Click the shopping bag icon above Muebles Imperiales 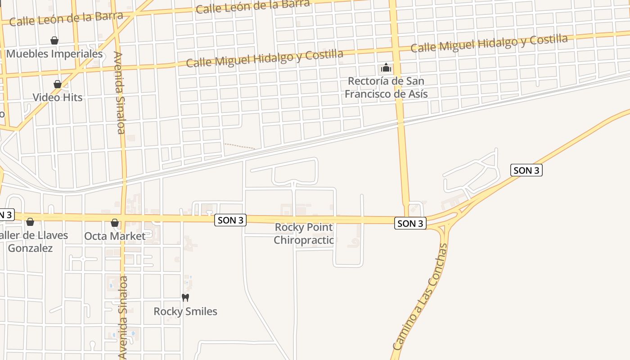click(54, 40)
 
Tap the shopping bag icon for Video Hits click(58, 84)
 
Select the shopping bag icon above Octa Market click(115, 223)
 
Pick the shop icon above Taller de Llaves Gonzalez click(30, 222)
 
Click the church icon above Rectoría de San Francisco click(386, 68)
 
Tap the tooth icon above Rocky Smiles click(185, 297)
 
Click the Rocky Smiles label click(185, 311)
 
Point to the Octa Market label click(115, 236)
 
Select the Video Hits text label click(58, 97)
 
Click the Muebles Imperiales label click(54, 54)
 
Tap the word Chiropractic click(304, 240)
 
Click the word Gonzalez click(30, 248)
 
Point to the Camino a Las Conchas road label click(420, 297)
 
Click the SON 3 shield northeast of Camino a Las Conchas click(526, 170)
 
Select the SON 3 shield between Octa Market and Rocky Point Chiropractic click(231, 220)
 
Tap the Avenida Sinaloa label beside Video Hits click(119, 93)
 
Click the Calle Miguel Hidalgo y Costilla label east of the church click(489, 43)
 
